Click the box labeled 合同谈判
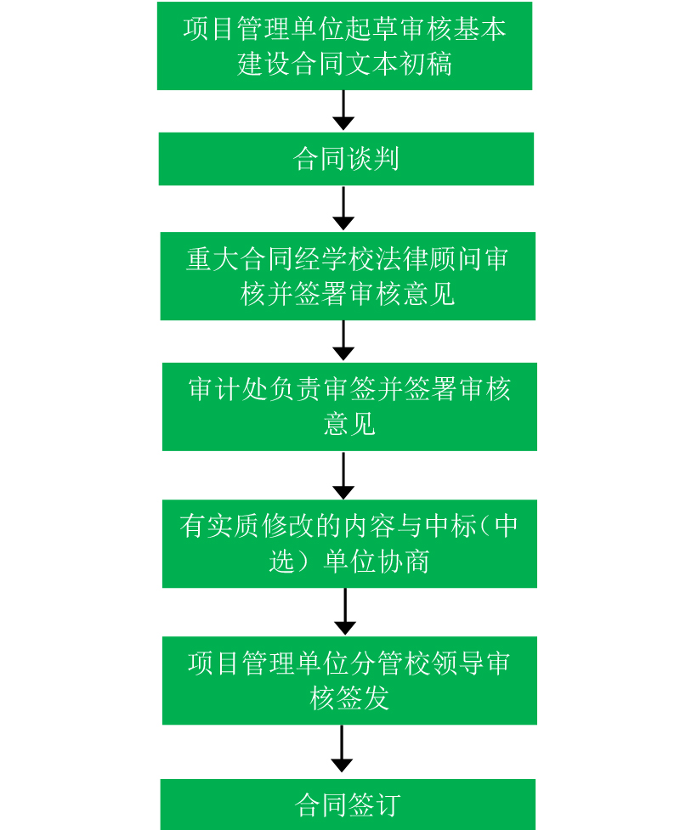[x=345, y=159]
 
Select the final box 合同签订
[x=348, y=804]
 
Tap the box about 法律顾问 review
[x=347, y=276]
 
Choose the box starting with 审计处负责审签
[x=348, y=406]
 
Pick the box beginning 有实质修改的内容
[x=348, y=544]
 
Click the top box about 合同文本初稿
[x=344, y=46]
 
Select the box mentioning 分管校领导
[x=348, y=680]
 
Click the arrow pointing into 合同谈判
[x=343, y=110]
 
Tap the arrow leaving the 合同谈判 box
[x=343, y=208]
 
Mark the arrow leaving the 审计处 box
[x=343, y=476]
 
